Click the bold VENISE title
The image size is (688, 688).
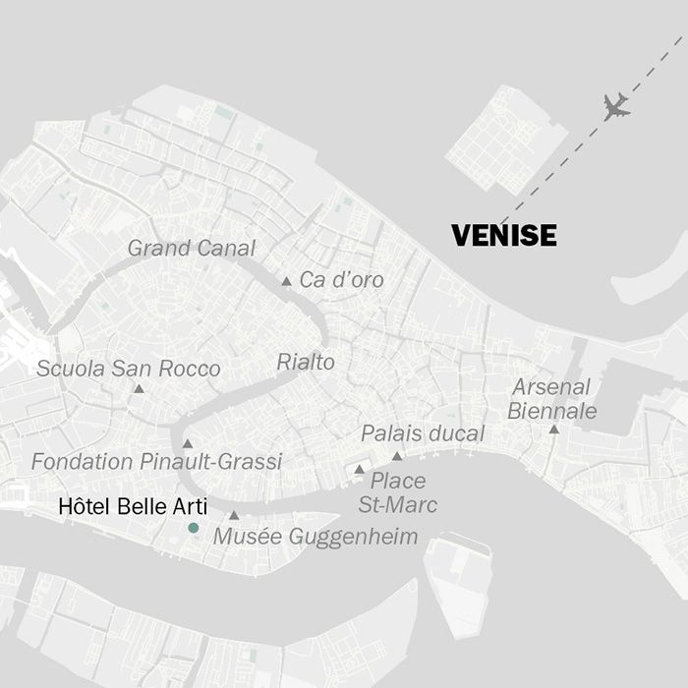[x=503, y=236]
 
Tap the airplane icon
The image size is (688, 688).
[x=616, y=106]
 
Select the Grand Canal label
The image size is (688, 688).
[x=191, y=249]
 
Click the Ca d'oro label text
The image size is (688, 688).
[x=341, y=281]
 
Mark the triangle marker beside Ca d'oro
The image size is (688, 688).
[x=286, y=282]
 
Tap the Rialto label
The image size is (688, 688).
[x=305, y=363]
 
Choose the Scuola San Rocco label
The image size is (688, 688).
[x=128, y=370]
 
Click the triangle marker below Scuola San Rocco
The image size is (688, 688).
[x=139, y=389]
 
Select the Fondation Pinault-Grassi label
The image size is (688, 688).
[x=156, y=462]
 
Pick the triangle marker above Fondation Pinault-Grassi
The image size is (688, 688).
[x=187, y=443]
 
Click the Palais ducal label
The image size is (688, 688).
[x=423, y=434]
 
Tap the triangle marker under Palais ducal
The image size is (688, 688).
[x=397, y=456]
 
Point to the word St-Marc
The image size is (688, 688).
[x=397, y=505]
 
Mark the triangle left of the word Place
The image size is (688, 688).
[x=359, y=470]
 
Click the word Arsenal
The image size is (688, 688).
[x=551, y=387]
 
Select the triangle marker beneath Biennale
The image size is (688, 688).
[x=554, y=430]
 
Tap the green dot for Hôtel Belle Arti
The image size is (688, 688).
[x=194, y=528]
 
